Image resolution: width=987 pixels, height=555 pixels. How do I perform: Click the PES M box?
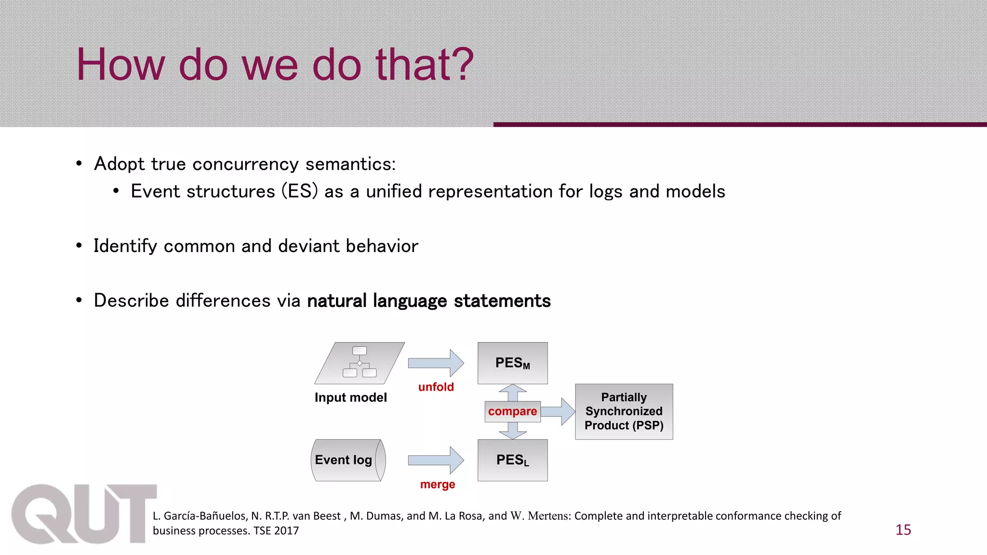[x=512, y=363]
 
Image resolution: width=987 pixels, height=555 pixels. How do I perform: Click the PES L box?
[x=512, y=460]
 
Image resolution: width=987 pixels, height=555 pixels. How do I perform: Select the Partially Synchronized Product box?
[x=624, y=411]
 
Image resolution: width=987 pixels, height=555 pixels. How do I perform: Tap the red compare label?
[x=512, y=411]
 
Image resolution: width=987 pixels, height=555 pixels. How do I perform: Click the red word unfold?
[x=436, y=387]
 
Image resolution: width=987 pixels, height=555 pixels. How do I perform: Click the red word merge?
[x=437, y=484]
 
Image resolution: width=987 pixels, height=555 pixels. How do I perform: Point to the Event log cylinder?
[x=347, y=460]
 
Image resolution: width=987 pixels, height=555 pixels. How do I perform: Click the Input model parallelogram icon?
[x=360, y=363]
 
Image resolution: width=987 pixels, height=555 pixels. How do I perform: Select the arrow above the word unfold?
[x=436, y=363]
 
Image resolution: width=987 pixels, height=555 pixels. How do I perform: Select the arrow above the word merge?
[x=436, y=460]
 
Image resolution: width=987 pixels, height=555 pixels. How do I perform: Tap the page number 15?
[x=903, y=530]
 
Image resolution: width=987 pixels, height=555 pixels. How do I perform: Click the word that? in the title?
[x=425, y=65]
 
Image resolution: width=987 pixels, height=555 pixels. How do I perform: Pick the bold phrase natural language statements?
[x=428, y=301]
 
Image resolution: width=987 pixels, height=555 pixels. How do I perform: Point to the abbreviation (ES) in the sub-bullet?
[x=300, y=191]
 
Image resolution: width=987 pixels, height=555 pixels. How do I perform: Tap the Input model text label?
[x=350, y=397]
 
